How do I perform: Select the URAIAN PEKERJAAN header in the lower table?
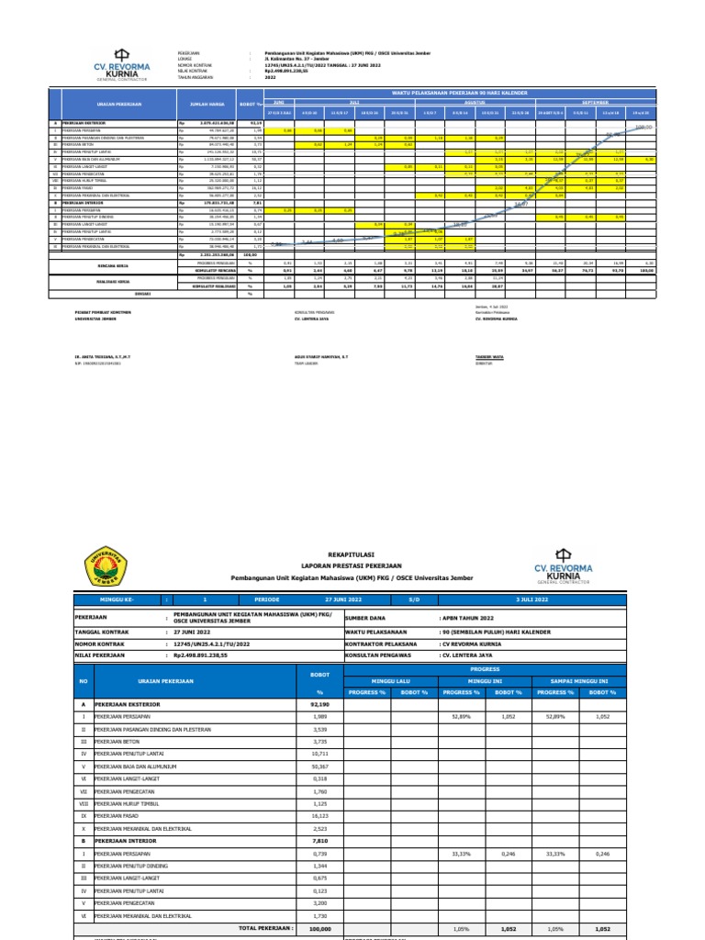142,681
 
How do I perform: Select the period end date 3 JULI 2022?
576,598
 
